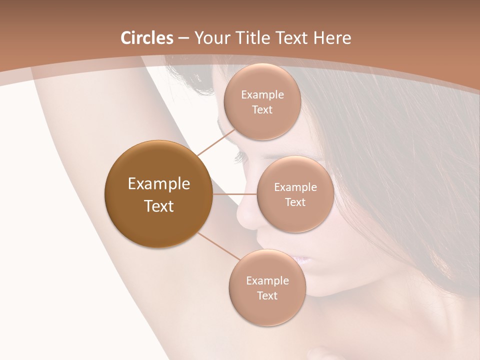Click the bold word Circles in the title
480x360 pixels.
(x=146, y=38)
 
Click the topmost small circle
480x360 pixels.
(x=262, y=101)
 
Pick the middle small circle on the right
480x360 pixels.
(x=295, y=194)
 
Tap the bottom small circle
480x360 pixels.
(x=267, y=287)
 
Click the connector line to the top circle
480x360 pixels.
(x=216, y=142)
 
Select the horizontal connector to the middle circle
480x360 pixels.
(x=234, y=194)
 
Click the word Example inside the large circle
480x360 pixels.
(x=159, y=184)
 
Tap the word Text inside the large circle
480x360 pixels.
(x=159, y=206)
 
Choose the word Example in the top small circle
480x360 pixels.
(x=262, y=95)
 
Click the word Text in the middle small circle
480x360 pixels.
(x=295, y=202)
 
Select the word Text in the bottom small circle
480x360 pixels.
(x=267, y=296)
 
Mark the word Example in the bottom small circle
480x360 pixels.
(x=267, y=280)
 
